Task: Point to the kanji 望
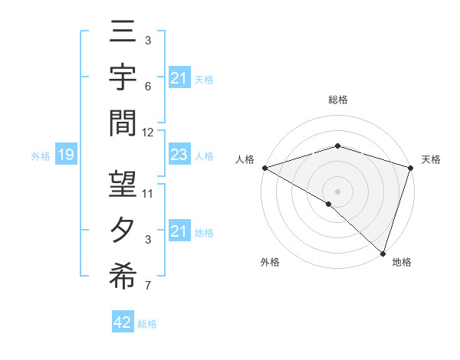click(123, 188)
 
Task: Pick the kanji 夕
click(123, 231)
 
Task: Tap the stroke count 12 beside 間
click(148, 132)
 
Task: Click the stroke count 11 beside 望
click(148, 193)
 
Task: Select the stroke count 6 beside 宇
click(148, 86)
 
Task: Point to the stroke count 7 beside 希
click(148, 286)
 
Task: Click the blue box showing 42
click(122, 323)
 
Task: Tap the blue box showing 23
click(179, 155)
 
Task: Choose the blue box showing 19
click(65, 155)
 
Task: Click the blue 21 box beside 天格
click(179, 78)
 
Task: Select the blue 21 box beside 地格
click(179, 231)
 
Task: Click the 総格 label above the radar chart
click(338, 100)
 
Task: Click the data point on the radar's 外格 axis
click(329, 204)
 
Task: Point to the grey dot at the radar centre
click(337, 191)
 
